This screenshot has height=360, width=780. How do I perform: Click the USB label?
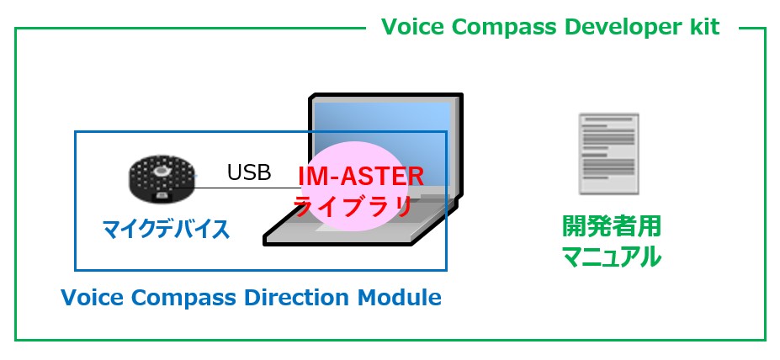[x=249, y=172]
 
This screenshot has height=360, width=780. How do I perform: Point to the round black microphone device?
[x=159, y=178]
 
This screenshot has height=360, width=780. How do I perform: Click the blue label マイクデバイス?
[x=166, y=230]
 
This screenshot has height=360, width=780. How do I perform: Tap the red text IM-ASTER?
[x=361, y=177]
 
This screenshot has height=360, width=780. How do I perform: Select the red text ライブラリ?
[x=353, y=206]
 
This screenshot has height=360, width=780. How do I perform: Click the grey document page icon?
[x=609, y=154]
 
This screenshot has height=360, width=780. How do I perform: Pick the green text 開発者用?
[x=612, y=226]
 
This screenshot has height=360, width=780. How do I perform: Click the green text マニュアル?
[x=612, y=257]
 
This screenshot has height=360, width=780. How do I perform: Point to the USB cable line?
[x=235, y=188]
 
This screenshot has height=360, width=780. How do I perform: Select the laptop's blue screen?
[x=381, y=144]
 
